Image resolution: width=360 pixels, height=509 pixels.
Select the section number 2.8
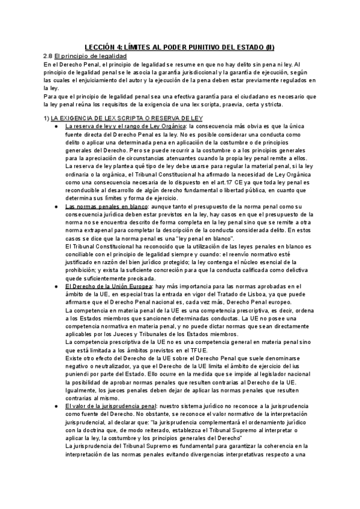pos(49,55)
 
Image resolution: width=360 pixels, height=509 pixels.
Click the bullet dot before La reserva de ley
pos(55,127)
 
